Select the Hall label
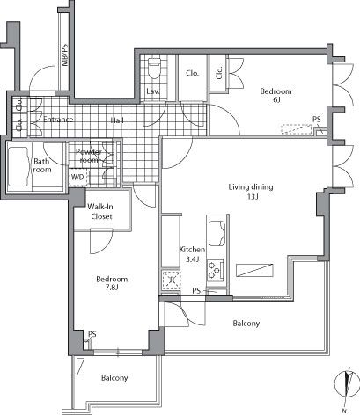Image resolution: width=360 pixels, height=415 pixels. (x=116, y=120)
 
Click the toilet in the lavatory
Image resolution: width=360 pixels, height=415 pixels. (x=155, y=67)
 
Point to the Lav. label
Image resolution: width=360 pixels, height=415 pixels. (x=152, y=91)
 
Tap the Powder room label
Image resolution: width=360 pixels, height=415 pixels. (x=90, y=156)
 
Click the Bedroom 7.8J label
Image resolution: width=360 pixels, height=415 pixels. (x=111, y=283)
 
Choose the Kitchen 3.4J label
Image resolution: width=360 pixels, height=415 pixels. (x=192, y=254)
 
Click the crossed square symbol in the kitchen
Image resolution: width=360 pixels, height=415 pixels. (x=170, y=280)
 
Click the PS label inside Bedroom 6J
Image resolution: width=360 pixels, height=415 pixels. (x=316, y=120)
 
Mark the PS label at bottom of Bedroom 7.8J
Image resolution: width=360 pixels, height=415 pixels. (x=92, y=334)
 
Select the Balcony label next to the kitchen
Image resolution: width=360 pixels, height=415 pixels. (x=246, y=324)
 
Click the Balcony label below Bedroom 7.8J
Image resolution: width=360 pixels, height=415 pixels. (x=114, y=378)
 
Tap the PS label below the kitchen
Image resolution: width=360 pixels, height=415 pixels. (x=197, y=290)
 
